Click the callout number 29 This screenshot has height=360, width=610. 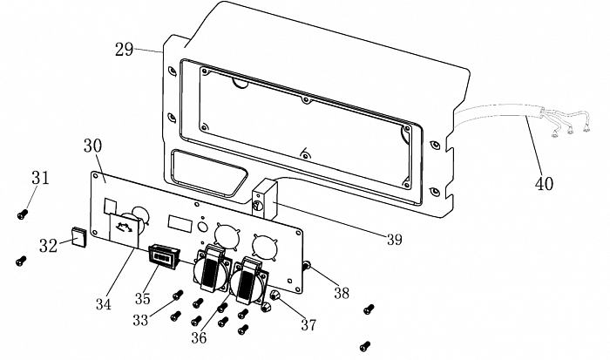[124, 49]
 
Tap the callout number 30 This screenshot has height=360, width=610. [94, 146]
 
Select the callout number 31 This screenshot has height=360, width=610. [40, 178]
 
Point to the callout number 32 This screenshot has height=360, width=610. [48, 247]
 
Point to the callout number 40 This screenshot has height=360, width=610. [544, 184]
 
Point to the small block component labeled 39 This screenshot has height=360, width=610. [263, 200]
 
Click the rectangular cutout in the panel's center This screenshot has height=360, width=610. [179, 221]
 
